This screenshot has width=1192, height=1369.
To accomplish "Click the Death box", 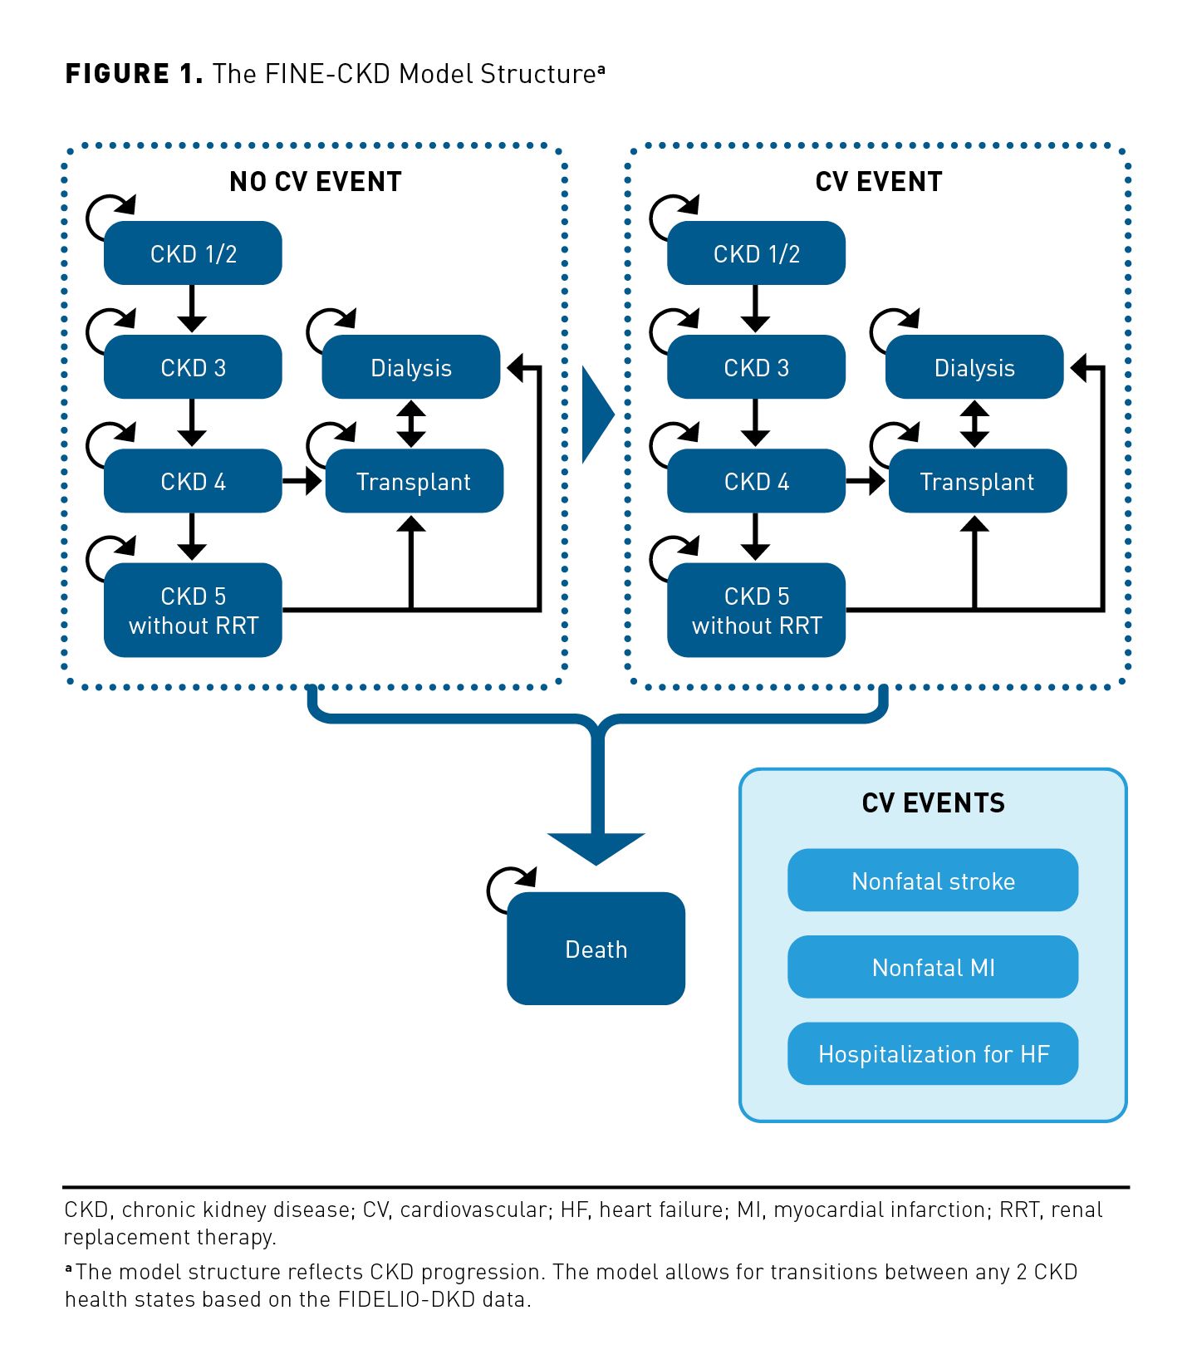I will pos(596,949).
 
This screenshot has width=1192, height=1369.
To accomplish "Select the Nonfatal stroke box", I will pos(933,881).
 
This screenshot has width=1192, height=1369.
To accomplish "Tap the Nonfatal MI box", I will pos(933,967).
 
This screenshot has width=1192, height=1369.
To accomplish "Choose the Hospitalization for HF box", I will pos(933,1053).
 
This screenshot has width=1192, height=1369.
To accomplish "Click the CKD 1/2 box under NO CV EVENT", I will pos(193,253).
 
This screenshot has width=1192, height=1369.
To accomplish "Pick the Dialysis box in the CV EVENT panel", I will pos(974,367).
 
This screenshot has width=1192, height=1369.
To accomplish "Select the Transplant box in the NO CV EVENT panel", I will pos(414,481).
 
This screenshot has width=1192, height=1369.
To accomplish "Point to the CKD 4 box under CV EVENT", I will pos(756,481).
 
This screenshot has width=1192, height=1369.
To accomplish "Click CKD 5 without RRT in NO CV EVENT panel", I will pos(193,611).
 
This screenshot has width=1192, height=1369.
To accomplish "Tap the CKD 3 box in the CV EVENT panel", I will pos(756,367).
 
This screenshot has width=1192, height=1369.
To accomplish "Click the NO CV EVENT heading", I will pos(316,182).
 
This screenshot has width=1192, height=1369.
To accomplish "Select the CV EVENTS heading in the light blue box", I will pos(933,803).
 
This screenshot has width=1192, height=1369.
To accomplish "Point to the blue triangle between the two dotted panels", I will pos(596,414).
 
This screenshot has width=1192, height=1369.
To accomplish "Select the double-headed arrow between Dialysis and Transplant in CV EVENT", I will pos(974,424).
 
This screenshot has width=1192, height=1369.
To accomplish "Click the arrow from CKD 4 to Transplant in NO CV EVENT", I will pos(302,481).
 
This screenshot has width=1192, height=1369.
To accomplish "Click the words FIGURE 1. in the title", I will pos(134,74).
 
